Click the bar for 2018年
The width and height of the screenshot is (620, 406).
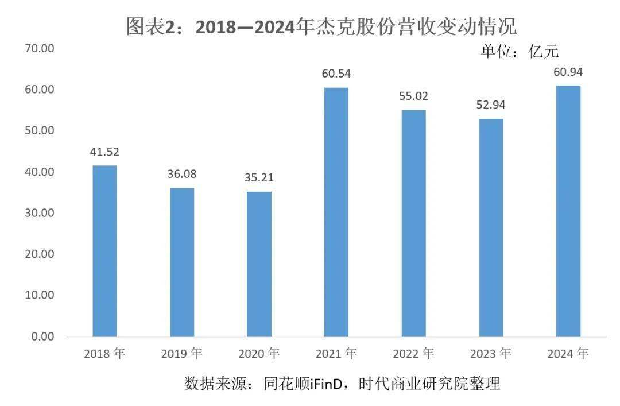[x=104, y=250]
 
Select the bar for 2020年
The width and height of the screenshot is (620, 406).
[x=259, y=264]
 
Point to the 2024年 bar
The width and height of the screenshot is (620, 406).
[x=568, y=211]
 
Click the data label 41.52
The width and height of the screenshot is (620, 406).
[x=104, y=152]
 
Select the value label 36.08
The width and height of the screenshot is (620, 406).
[x=181, y=174]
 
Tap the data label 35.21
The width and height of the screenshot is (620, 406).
[x=259, y=177]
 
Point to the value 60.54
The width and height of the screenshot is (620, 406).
[x=336, y=74]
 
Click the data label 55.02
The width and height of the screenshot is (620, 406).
[x=413, y=96]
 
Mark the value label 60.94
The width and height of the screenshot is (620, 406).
[x=568, y=72]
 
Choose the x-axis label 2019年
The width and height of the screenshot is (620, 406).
[x=181, y=354]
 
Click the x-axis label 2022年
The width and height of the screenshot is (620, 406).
[x=413, y=354]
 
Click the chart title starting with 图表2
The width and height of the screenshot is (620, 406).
[x=321, y=26]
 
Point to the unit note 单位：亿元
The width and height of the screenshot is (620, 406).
[x=519, y=52]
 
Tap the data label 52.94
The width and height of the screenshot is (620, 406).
[x=491, y=105]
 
